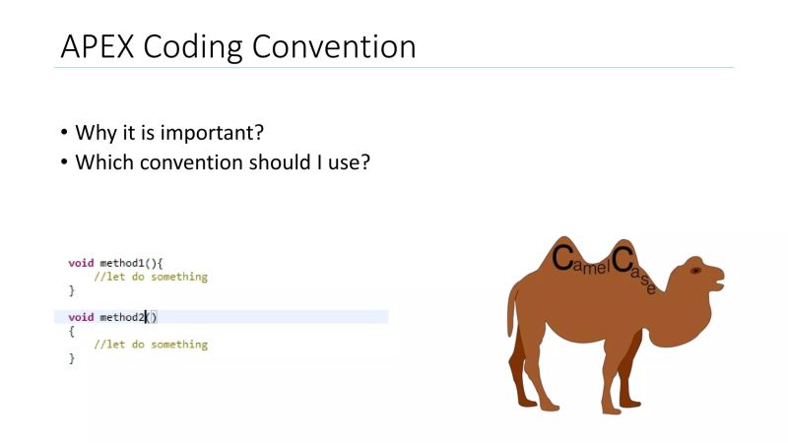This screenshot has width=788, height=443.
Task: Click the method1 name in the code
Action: pyautogui.click(x=122, y=263)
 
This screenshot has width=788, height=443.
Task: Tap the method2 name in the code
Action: pyautogui.click(x=122, y=317)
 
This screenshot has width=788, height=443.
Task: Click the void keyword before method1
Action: pyautogui.click(x=81, y=263)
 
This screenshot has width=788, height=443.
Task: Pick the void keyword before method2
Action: pyautogui.click(x=81, y=317)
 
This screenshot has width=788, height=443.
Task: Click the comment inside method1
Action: pyautogui.click(x=151, y=277)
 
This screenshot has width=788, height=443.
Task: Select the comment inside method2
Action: pyautogui.click(x=151, y=345)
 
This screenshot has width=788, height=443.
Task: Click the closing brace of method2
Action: pyautogui.click(x=71, y=358)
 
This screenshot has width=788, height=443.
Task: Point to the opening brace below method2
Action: pyautogui.click(x=71, y=331)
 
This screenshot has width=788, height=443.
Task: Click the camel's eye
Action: pyautogui.click(x=695, y=270)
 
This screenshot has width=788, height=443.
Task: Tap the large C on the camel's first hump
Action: pyautogui.click(x=562, y=259)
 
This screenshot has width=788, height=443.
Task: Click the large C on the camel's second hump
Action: pyautogui.click(x=622, y=259)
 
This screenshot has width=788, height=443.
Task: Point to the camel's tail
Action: pyautogui.click(x=512, y=305)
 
